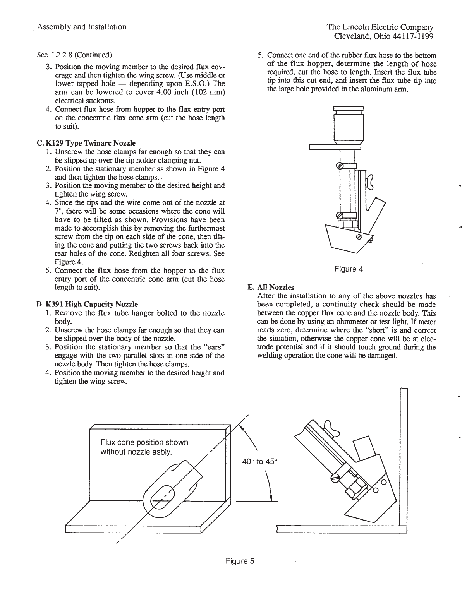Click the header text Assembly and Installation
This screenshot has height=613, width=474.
[x=82, y=27]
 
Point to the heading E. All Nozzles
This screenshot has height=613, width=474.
[x=271, y=287]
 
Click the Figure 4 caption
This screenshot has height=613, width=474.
[x=349, y=269]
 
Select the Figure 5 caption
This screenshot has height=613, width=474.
[x=240, y=561]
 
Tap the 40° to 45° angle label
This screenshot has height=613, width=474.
[x=260, y=461]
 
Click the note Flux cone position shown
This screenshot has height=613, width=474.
[x=144, y=442]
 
